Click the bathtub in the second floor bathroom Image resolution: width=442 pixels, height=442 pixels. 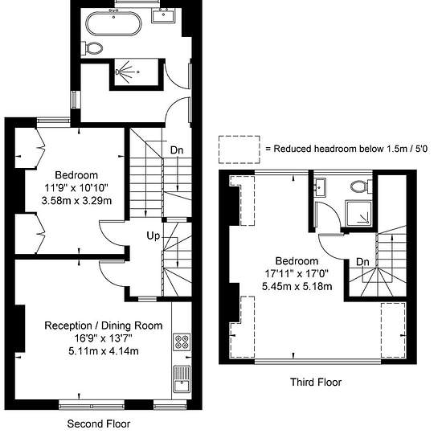coord(113,23)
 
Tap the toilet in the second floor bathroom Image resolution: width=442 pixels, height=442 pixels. coord(92,48)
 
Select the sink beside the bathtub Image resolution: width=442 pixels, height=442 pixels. coord(163,15)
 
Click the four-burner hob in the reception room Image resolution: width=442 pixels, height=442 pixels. coord(182,342)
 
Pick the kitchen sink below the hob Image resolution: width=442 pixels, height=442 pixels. coord(182,379)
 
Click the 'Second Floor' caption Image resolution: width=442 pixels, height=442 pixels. coord(99,424)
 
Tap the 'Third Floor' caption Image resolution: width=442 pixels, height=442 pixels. coord(316,383)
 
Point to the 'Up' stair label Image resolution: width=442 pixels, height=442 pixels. coord(153,235)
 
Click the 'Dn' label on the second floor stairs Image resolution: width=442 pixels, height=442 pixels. coord(177,150)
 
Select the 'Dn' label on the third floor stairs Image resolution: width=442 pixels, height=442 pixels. coord(362,262)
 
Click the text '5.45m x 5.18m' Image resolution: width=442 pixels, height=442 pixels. coord(297,287)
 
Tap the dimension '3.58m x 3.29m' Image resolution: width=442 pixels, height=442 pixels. coord(76,201)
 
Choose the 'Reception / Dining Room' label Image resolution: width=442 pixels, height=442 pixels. coord(104,325)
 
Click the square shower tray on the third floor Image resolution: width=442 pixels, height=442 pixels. coord(359,214)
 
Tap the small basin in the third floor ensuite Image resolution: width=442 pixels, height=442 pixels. coord(320,187)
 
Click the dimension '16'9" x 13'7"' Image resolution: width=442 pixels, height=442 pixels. coord(104,338)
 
